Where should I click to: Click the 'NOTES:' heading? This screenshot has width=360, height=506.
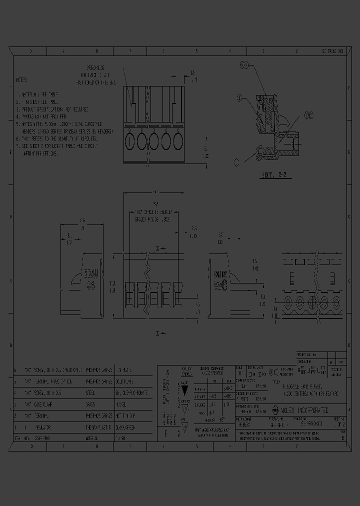pyautogui.click(x=22, y=80)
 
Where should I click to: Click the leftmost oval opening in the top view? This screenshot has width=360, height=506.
pyautogui.click(x=130, y=141)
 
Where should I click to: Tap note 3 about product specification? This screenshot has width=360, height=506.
pyautogui.click(x=54, y=108)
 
